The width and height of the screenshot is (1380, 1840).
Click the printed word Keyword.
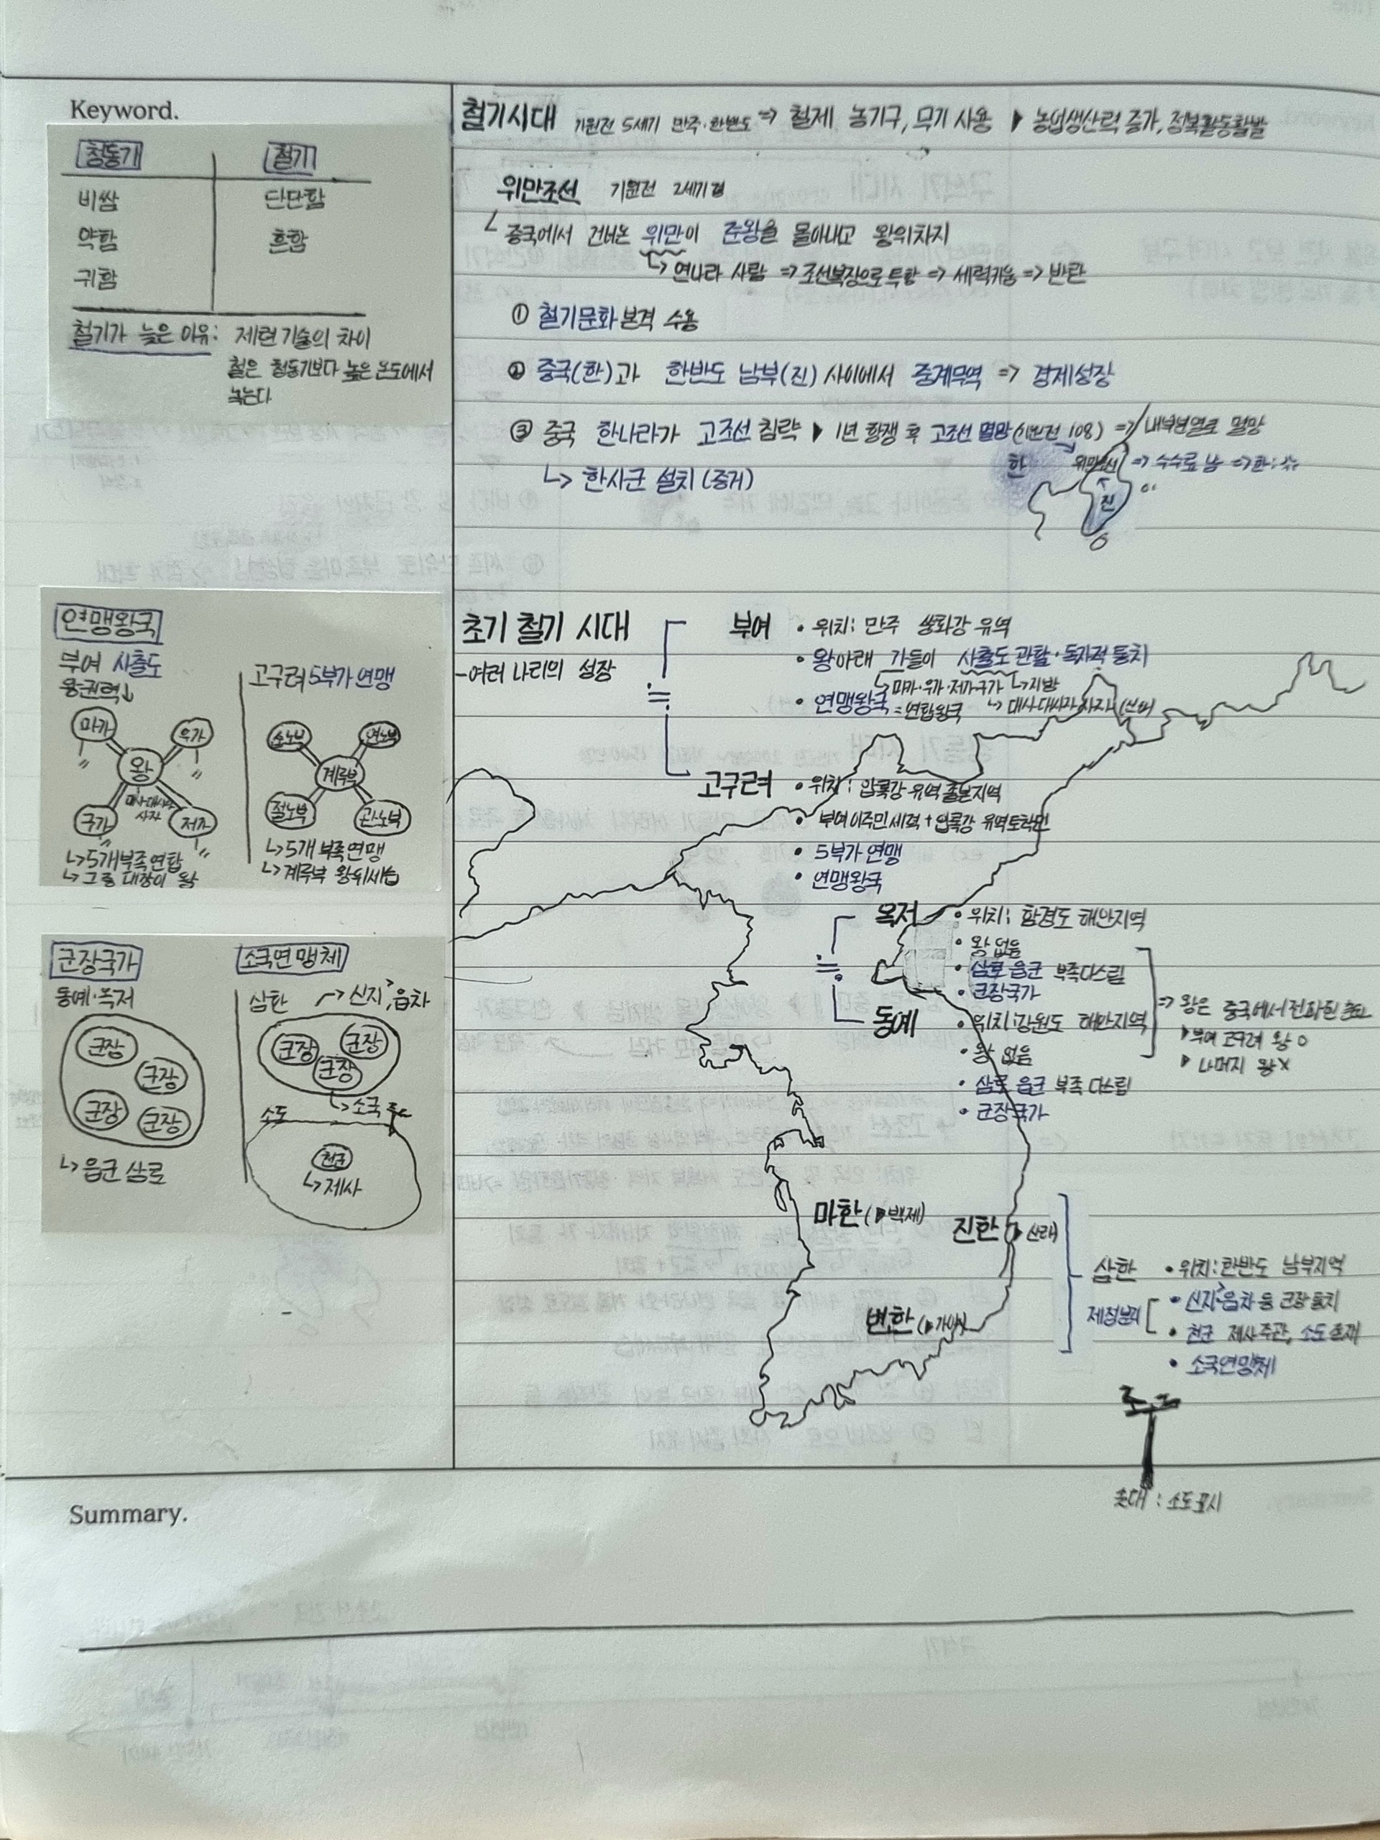click(x=124, y=110)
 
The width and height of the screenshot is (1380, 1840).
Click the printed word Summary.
click(x=127, y=1514)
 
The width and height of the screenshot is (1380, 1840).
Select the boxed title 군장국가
click(x=96, y=963)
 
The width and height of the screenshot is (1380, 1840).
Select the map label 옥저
click(x=893, y=914)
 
